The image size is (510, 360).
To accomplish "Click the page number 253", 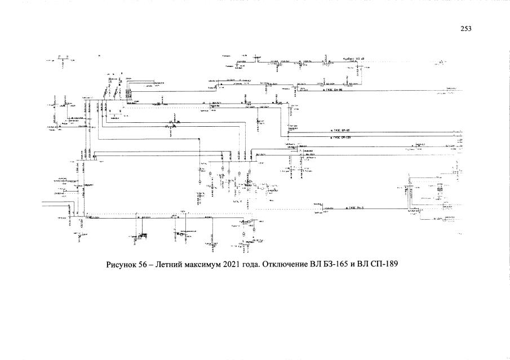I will click(x=465, y=29).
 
